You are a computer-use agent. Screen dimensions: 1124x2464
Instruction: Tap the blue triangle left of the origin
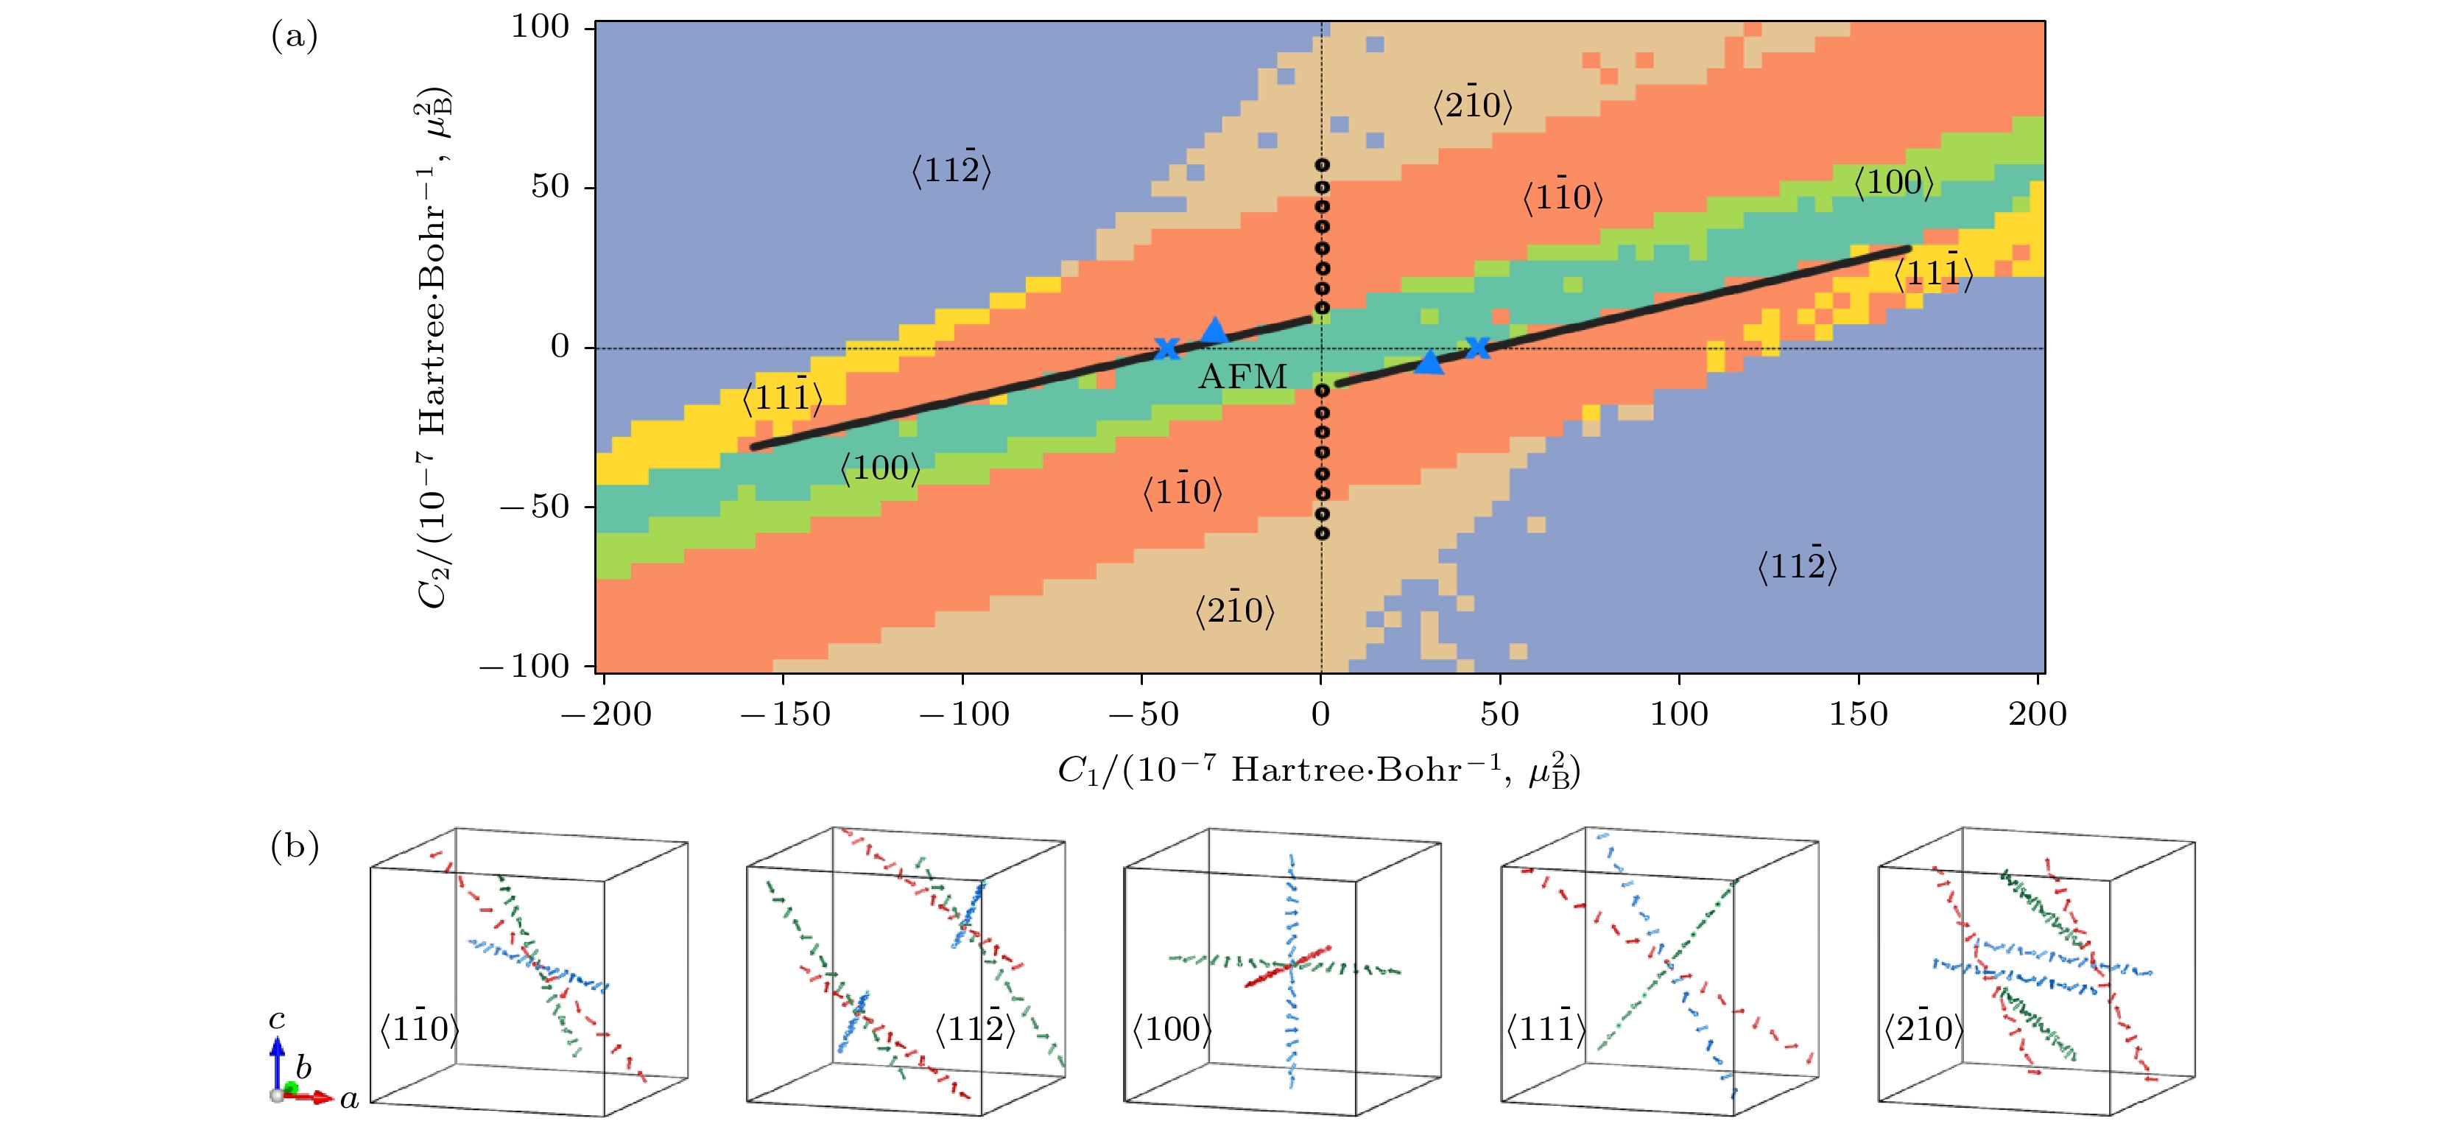[x=1214, y=331]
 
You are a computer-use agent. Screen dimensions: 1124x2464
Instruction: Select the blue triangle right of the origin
[x=1428, y=362]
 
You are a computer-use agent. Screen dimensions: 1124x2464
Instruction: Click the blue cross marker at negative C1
[x=1166, y=348]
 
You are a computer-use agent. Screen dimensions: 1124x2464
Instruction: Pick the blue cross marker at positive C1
[x=1478, y=347]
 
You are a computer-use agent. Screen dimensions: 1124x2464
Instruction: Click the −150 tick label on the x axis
[x=785, y=714]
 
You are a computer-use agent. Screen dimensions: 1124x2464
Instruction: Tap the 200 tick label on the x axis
[x=2038, y=714]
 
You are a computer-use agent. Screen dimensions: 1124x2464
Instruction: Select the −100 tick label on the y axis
[x=524, y=666]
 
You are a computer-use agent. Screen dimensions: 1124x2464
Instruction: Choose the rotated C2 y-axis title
[x=432, y=348]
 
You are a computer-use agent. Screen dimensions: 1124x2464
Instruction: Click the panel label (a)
[x=294, y=36]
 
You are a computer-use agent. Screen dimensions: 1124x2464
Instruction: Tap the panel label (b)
[x=294, y=846]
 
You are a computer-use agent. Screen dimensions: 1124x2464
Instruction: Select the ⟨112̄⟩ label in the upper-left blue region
[x=951, y=170]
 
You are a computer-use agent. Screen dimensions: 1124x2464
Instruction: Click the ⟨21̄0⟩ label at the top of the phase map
[x=1472, y=105]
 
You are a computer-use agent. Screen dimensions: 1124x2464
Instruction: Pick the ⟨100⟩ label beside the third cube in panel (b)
[x=1172, y=1029]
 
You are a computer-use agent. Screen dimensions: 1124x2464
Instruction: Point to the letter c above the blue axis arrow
[x=276, y=1019]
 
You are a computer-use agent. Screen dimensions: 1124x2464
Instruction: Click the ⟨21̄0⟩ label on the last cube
[x=1923, y=1028]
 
